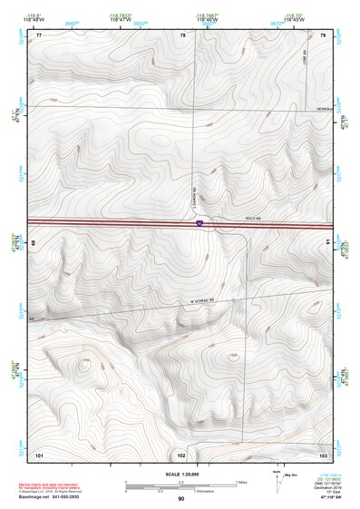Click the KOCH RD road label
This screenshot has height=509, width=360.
(253, 219)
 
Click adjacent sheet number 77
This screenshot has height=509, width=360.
(38, 34)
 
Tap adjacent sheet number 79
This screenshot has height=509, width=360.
(323, 34)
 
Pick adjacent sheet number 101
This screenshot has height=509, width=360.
(38, 454)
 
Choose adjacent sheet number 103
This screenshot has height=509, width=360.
(323, 454)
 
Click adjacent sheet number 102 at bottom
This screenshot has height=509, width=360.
(181, 454)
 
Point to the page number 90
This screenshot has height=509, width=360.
(180, 499)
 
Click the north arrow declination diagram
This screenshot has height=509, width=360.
(277, 482)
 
